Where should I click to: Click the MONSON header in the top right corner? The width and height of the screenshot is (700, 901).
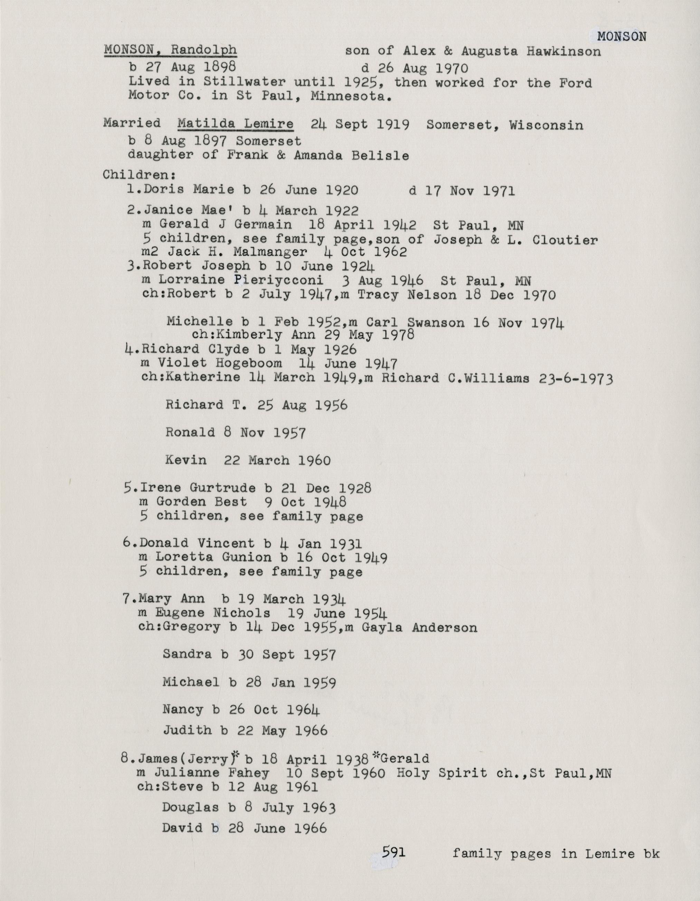tap(622, 37)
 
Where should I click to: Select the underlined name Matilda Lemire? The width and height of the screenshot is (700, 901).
tap(235, 124)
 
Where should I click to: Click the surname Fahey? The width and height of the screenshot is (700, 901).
tap(252, 773)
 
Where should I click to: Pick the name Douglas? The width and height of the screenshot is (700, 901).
tap(190, 807)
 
